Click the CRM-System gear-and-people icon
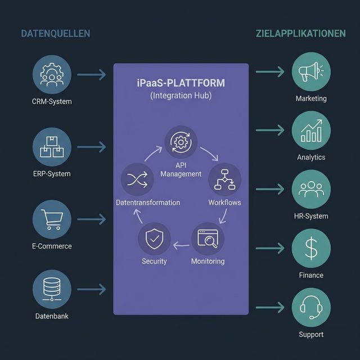tap(52, 74)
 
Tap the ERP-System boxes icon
tap(52, 146)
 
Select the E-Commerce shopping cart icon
tap(52, 219)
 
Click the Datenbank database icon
tap(52, 289)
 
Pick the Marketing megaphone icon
tap(311, 73)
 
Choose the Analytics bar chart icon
tap(311, 131)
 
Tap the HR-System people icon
tap(311, 190)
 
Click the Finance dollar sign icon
tap(311, 249)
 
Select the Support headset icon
tap(311, 307)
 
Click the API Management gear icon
tap(181, 142)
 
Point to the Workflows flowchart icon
tap(224, 179)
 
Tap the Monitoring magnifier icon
tap(208, 240)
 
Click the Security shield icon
tap(154, 240)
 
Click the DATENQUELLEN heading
tap(55, 34)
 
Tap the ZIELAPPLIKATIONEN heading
tap(300, 34)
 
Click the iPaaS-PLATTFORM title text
tap(181, 83)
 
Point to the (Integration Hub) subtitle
tap(181, 96)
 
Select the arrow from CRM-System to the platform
tap(91, 74)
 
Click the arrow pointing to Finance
tap(270, 249)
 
